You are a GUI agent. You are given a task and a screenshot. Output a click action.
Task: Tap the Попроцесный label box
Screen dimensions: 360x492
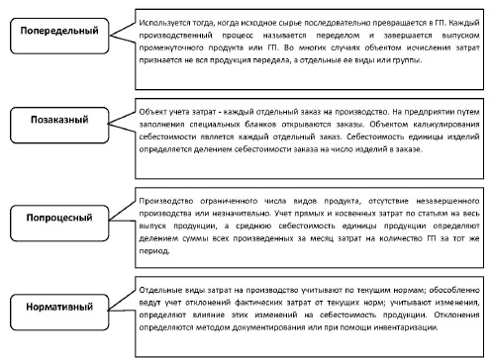coord(59,213)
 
